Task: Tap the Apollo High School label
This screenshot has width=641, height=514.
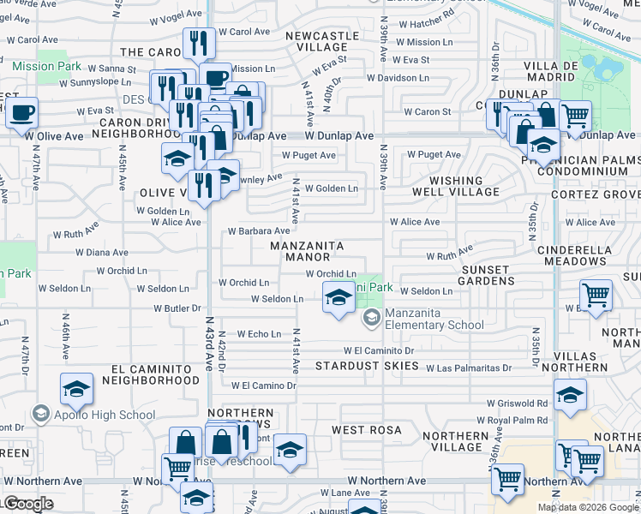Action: (x=89, y=415)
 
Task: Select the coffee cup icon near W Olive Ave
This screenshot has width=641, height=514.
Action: (x=22, y=112)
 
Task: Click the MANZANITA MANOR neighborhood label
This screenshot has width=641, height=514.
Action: (x=307, y=251)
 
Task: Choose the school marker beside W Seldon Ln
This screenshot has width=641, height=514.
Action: (x=339, y=297)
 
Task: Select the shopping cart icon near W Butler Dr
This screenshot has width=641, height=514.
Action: (x=596, y=296)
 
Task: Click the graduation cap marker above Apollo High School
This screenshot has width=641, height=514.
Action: (x=77, y=390)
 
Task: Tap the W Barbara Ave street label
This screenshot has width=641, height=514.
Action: (x=259, y=231)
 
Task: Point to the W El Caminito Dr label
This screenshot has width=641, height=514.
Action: (x=379, y=350)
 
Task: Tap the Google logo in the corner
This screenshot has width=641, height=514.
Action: (x=28, y=504)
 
